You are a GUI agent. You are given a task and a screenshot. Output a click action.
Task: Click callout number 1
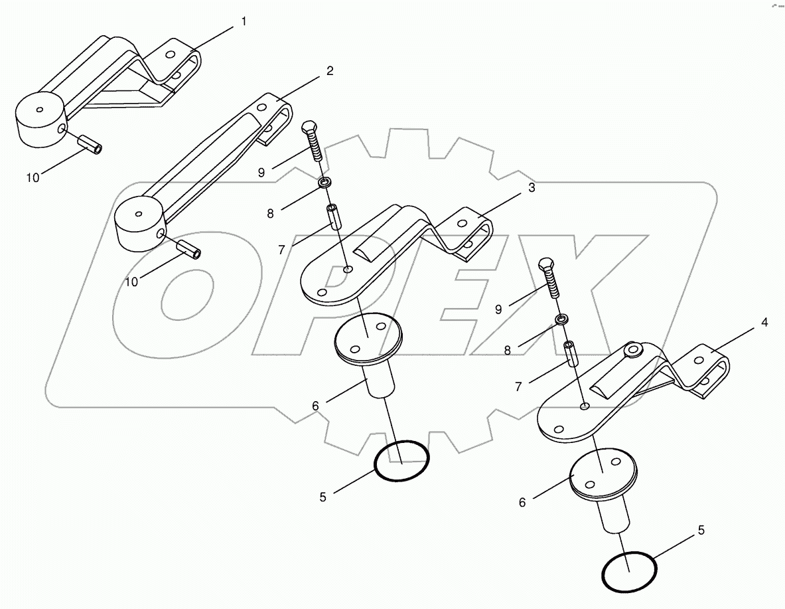tap(244, 22)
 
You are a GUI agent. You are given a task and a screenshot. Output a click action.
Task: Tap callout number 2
tap(330, 72)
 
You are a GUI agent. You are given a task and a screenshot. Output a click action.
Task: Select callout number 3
tap(532, 189)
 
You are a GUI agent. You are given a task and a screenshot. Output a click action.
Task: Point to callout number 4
tap(764, 323)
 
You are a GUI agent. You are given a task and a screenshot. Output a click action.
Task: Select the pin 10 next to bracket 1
tap(90, 143)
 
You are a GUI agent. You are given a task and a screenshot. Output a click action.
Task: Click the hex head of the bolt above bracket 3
tap(309, 128)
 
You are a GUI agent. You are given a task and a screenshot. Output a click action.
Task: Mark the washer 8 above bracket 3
tap(326, 183)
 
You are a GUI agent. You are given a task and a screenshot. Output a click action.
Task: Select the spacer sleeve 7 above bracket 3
tap(332, 217)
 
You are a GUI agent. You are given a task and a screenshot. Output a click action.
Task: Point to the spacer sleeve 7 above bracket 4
tap(570, 353)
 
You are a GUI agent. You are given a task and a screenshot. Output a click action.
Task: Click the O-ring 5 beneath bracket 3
tap(401, 460)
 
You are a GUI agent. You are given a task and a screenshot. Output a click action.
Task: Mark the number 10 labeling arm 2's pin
tap(132, 282)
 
